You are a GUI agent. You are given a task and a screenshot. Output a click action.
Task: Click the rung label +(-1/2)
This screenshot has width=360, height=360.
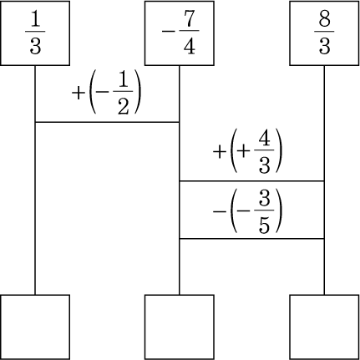pyautogui.click(x=107, y=92)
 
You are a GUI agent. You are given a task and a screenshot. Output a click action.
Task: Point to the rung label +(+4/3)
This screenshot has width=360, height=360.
pyautogui.click(x=248, y=150)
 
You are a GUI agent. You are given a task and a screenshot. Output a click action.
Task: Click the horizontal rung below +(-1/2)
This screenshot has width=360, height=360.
pyautogui.click(x=107, y=122)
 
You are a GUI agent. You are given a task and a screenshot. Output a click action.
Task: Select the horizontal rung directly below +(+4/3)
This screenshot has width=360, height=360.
pyautogui.click(x=251, y=181)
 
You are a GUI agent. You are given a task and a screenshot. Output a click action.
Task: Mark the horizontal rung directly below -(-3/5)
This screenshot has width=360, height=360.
pyautogui.click(x=251, y=239)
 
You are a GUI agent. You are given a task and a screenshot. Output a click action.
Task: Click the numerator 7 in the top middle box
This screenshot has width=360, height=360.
pyautogui.click(x=189, y=18)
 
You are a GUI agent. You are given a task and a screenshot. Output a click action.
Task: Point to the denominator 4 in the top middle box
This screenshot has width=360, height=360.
pyautogui.click(x=189, y=46)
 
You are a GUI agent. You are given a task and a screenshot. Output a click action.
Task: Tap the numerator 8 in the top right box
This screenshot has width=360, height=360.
pyautogui.click(x=324, y=18)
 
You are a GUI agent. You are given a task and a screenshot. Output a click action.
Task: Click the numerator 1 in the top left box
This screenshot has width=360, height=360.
pyautogui.click(x=35, y=18)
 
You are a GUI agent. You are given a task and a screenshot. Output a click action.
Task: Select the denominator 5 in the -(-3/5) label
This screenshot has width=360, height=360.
pyautogui.click(x=264, y=225)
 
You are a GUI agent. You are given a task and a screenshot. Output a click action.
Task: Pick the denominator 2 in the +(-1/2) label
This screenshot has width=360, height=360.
pyautogui.click(x=123, y=106)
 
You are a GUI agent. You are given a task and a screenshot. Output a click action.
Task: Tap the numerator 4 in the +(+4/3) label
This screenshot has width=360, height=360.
pyautogui.click(x=264, y=137)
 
